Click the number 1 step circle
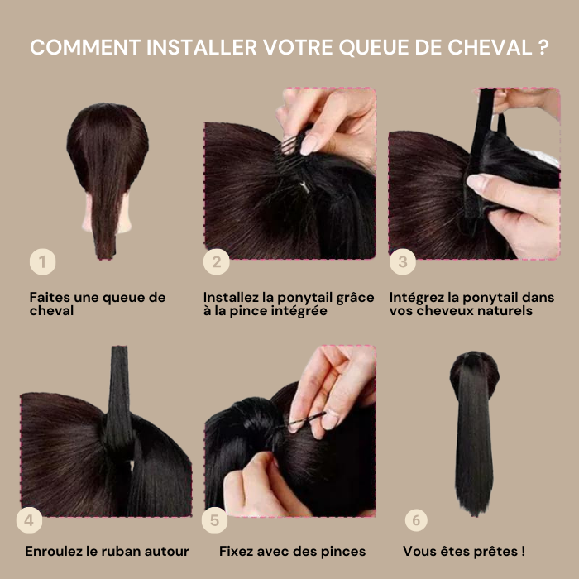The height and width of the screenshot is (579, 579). point(42,262)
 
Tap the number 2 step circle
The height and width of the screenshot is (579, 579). point(217,262)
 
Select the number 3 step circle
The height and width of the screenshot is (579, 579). point(403,262)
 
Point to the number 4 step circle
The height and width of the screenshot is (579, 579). point(29,520)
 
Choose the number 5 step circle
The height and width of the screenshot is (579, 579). point(214,520)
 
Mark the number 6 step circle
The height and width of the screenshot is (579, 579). point(416,520)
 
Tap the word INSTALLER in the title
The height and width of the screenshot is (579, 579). point(202,47)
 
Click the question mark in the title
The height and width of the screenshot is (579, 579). point(543,47)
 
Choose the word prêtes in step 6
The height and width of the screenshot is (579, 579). point(496,552)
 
